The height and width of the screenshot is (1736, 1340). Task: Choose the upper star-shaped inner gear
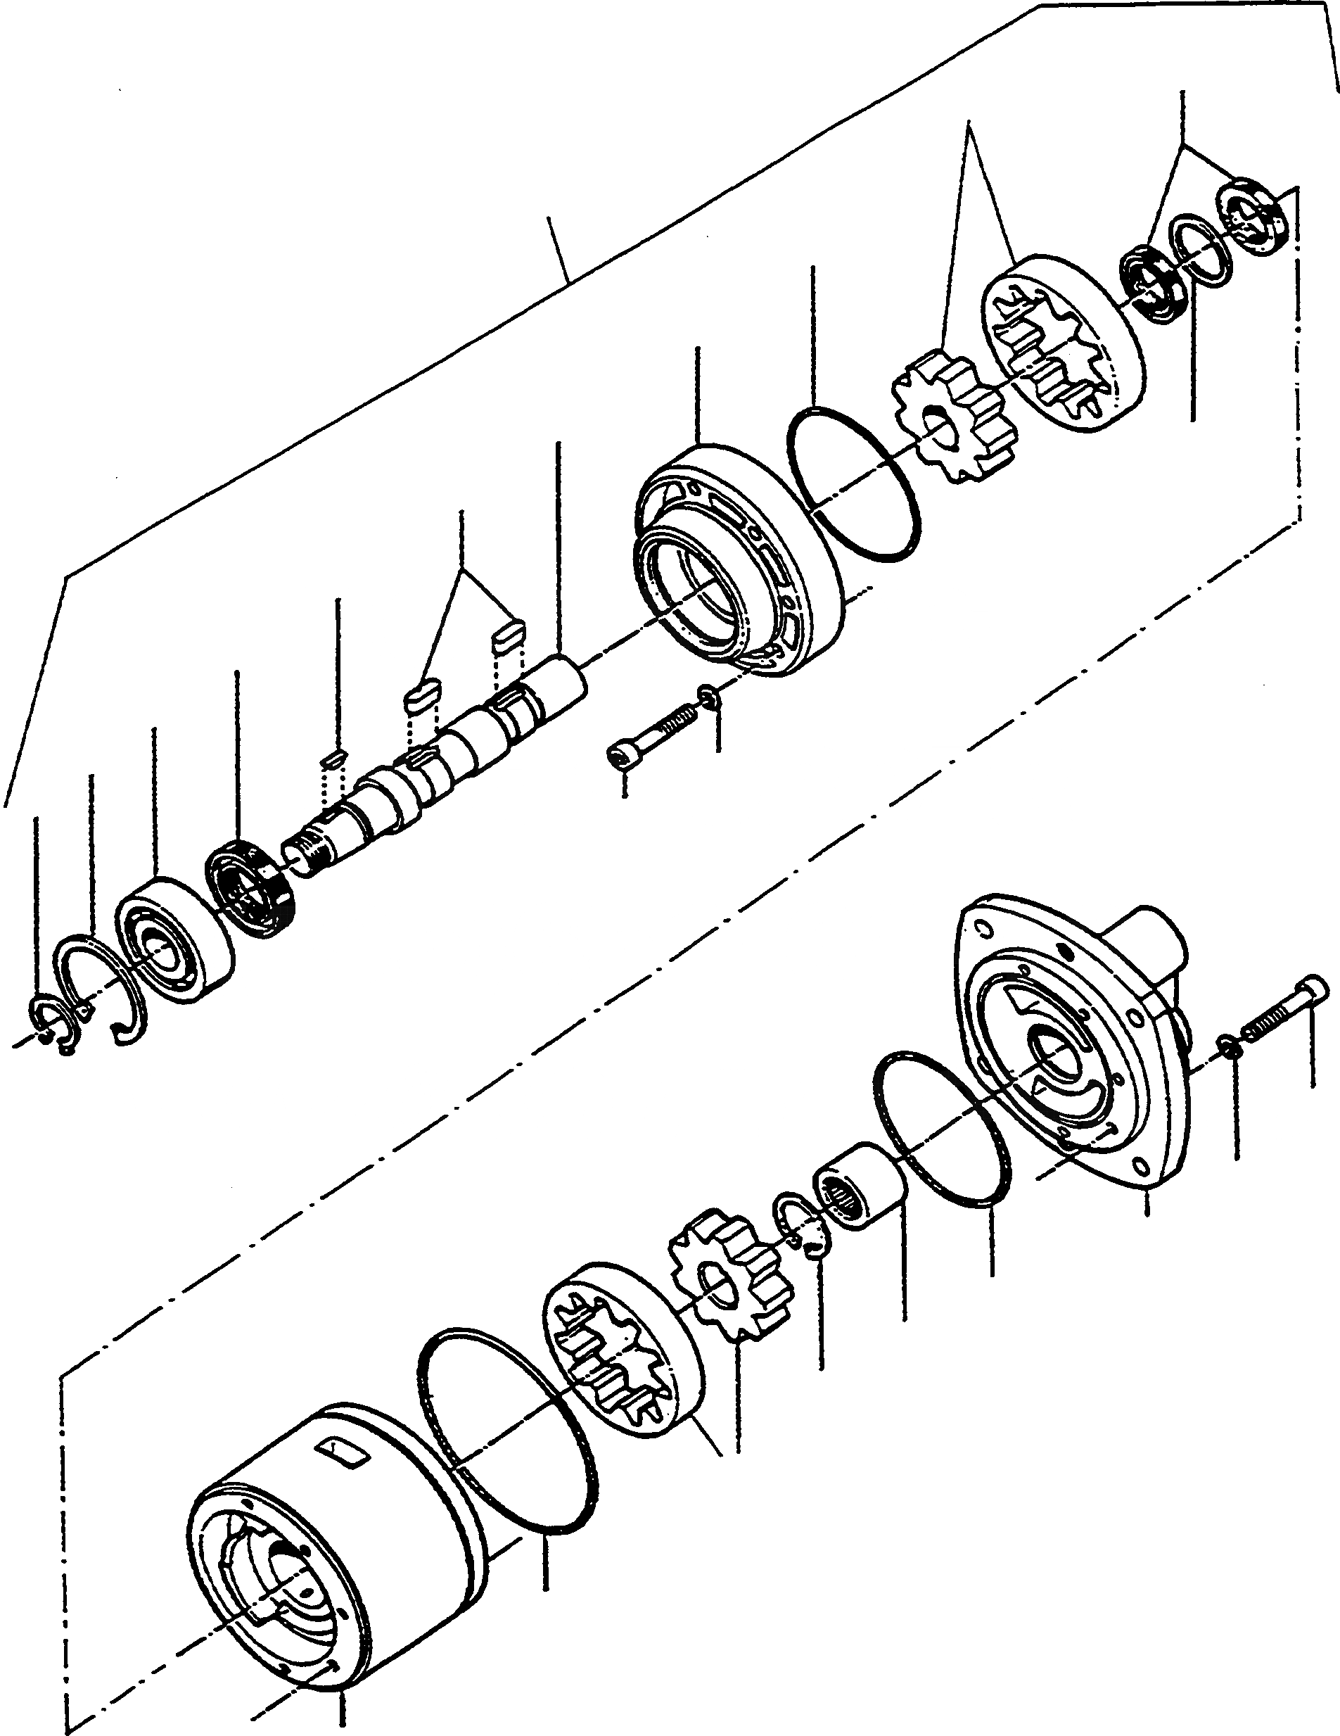click(x=954, y=422)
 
